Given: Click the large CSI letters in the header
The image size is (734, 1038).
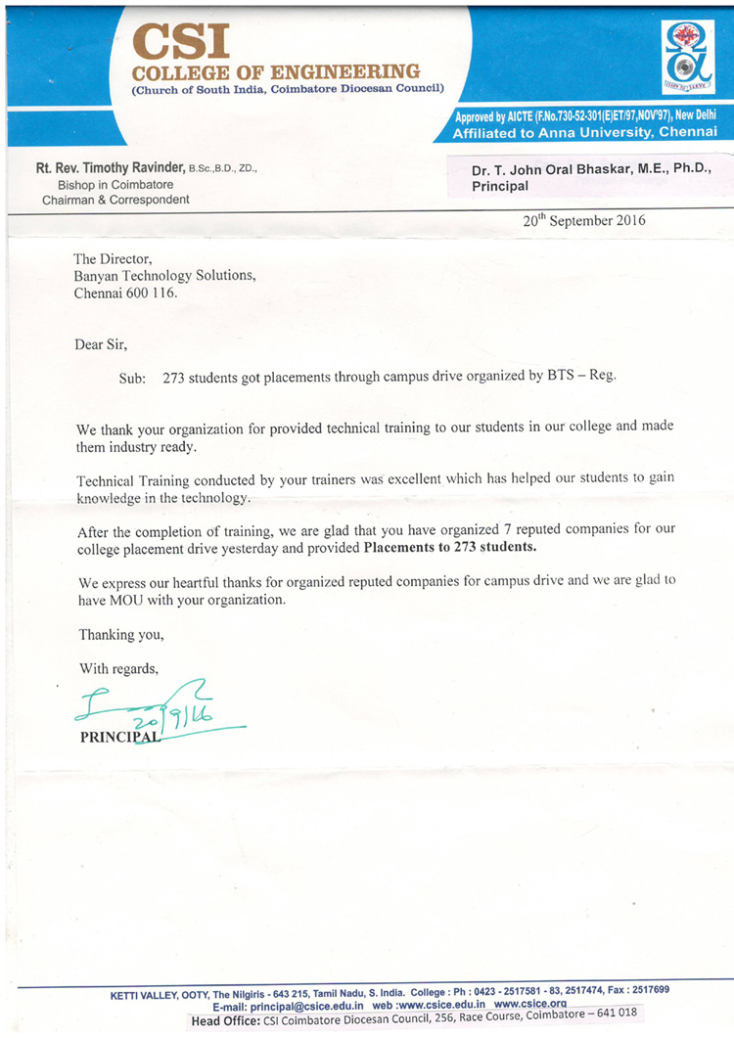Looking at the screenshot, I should pyautogui.click(x=181, y=42).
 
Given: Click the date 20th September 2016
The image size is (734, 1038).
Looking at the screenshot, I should pyautogui.click(x=583, y=220).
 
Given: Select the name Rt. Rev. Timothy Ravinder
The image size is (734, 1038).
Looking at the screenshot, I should pyautogui.click(x=110, y=168).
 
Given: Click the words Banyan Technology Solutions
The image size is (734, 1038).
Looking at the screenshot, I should pyautogui.click(x=164, y=276).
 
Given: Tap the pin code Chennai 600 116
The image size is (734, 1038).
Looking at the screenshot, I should pyautogui.click(x=126, y=293).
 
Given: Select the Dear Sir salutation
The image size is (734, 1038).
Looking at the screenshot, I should pyautogui.click(x=101, y=343).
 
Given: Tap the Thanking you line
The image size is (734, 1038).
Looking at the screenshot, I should pyautogui.click(x=121, y=634).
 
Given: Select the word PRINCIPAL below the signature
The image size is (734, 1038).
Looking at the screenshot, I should pyautogui.click(x=118, y=738).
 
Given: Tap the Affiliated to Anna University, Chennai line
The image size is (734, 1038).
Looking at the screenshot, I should pyautogui.click(x=584, y=132).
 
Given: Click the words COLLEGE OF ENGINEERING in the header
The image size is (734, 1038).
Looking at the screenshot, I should pyautogui.click(x=276, y=72).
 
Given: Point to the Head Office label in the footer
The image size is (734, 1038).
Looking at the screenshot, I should pyautogui.click(x=225, y=1020).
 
